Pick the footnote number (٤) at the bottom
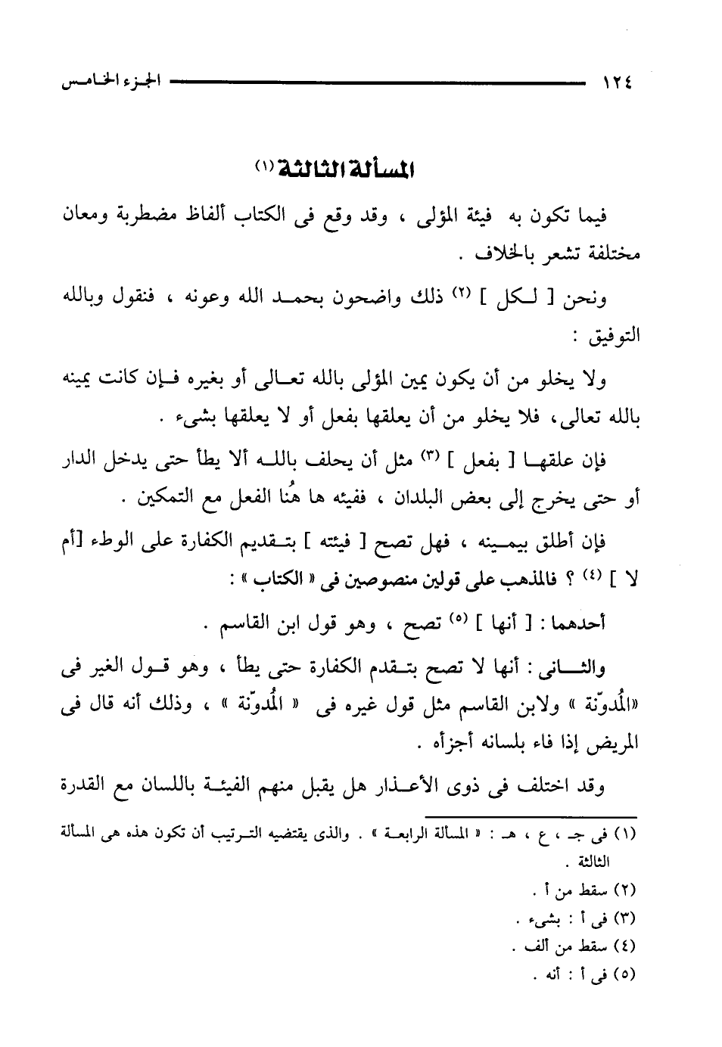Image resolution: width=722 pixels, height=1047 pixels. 626,946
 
